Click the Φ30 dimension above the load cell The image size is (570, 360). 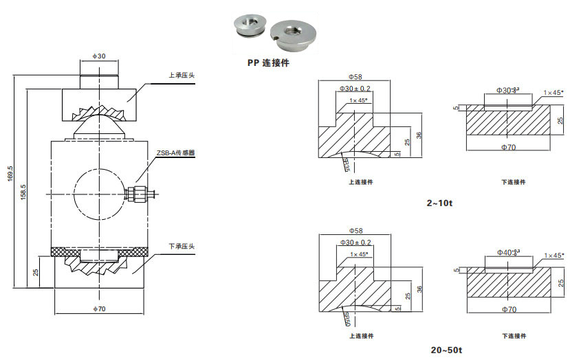click(98, 56)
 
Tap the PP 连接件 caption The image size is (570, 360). click(267, 63)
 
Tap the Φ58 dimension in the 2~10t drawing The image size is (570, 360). click(355, 77)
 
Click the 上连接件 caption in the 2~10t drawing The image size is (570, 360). click(361, 182)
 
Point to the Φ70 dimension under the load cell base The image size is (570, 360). click(99, 309)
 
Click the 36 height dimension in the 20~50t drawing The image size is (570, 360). click(419, 290)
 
